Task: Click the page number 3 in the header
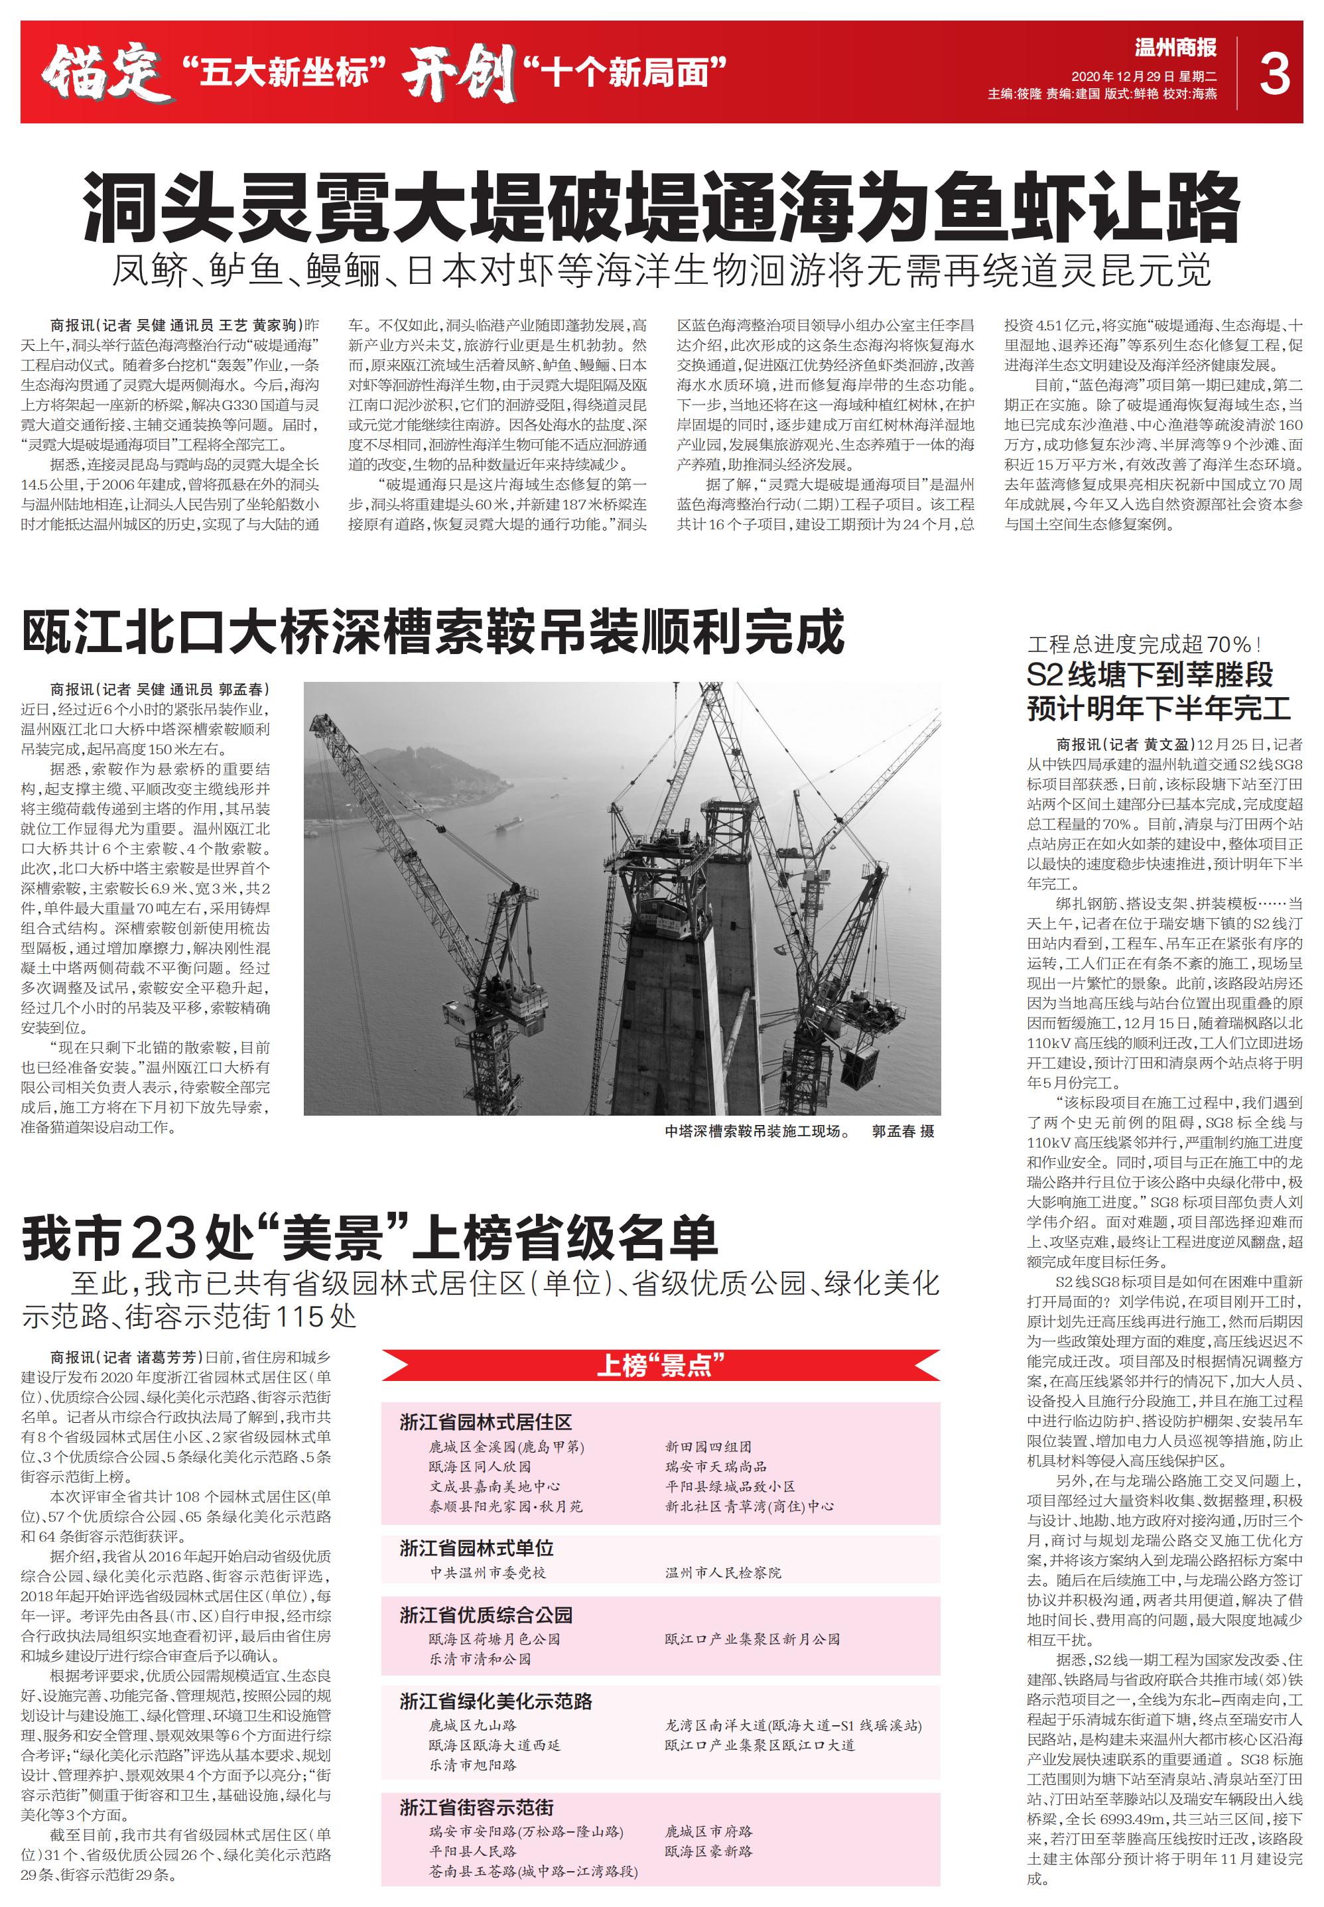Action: tap(1274, 73)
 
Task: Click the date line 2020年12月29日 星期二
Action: tap(1143, 76)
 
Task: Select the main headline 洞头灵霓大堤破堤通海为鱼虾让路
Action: tap(661, 206)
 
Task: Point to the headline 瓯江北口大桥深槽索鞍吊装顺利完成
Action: tap(433, 632)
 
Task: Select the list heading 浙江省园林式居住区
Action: tap(486, 1421)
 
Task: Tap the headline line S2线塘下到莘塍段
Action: tap(1149, 675)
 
